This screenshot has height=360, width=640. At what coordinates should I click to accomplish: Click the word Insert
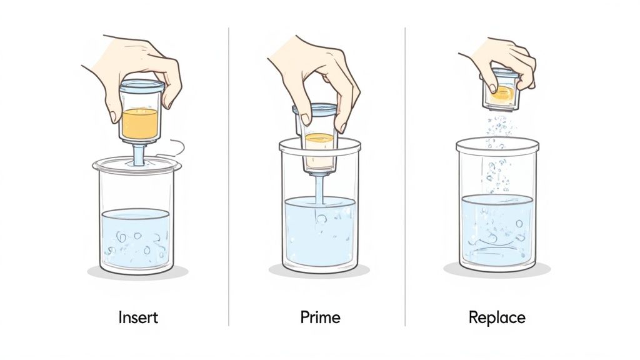(138, 317)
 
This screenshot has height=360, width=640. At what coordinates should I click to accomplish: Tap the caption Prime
(320, 317)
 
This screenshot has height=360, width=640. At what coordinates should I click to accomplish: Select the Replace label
(497, 317)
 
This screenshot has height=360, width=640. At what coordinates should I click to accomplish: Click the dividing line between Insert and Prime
(229, 175)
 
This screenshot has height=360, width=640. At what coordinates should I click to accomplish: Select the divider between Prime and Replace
(405, 175)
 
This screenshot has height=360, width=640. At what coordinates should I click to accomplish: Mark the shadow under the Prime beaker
(319, 271)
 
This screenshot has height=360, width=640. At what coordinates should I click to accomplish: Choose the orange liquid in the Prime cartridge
(319, 138)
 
